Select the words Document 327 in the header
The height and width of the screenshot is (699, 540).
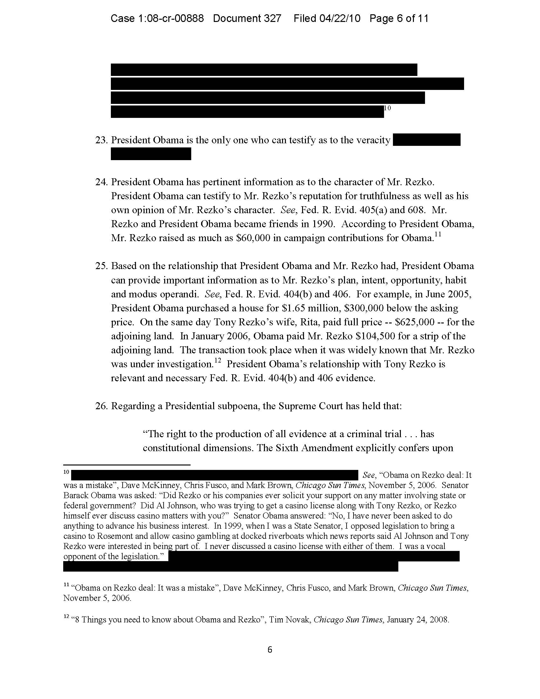click(x=247, y=18)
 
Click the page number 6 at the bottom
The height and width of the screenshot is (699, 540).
click(x=270, y=649)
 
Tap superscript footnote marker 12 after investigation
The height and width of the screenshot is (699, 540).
click(x=218, y=361)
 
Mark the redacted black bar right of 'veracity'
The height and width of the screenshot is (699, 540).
click(x=426, y=140)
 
